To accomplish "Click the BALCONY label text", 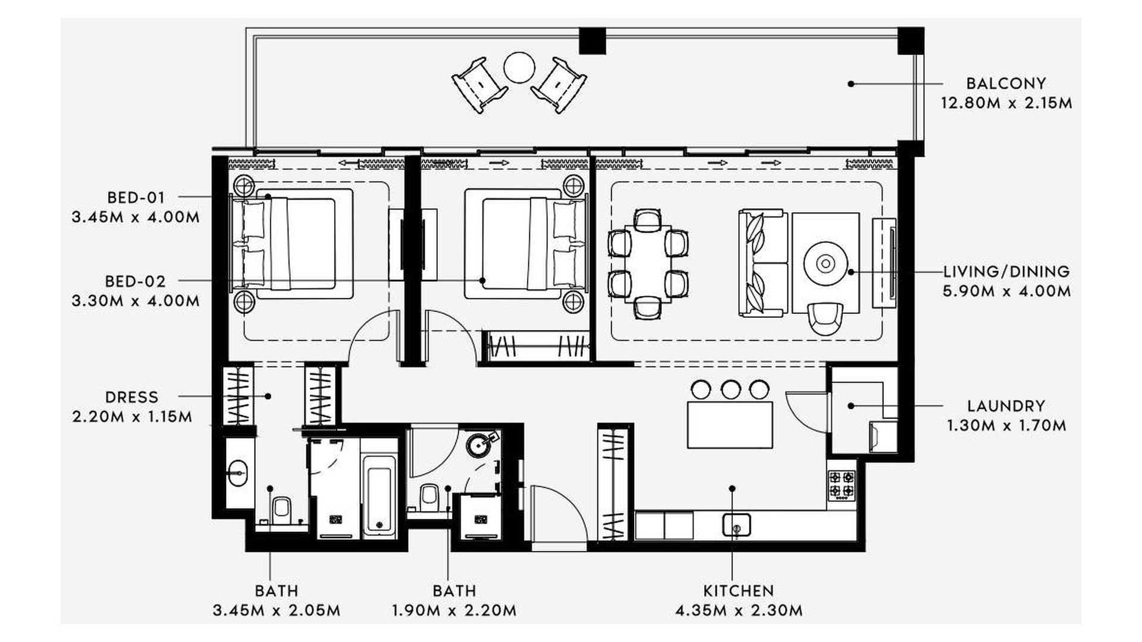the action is (1006, 83).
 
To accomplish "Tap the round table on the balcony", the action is (519, 68).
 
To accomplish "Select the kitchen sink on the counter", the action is (736, 525).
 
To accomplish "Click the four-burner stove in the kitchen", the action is (842, 484).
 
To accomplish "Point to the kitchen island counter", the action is (730, 425).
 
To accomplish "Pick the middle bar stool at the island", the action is (730, 389).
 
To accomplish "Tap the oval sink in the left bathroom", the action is (240, 474).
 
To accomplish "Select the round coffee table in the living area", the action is (825, 263).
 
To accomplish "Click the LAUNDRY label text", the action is (1006, 406).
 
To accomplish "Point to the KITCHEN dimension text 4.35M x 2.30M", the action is (739, 610).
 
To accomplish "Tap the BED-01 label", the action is (136, 197).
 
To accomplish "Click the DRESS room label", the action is (132, 397).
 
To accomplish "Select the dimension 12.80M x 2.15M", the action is (1006, 103).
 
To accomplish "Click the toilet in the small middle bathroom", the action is (429, 497).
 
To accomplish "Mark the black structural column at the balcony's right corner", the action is (911, 40).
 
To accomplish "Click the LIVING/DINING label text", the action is (1006, 272).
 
